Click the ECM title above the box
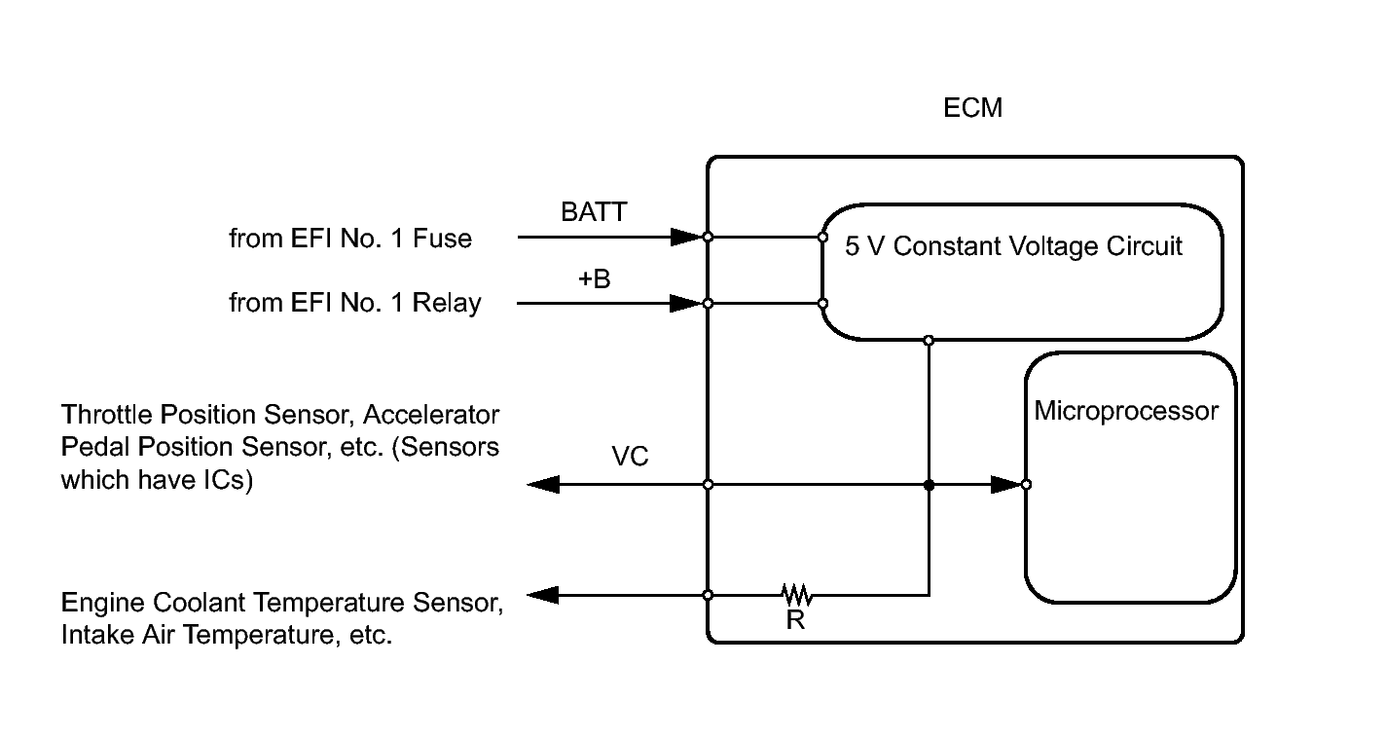(972, 108)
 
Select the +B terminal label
(594, 279)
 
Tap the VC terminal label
(630, 457)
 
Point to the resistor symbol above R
(796, 594)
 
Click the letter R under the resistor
(795, 620)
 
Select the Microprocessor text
(1125, 411)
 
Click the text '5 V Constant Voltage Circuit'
(1013, 246)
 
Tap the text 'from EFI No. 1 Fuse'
(350, 239)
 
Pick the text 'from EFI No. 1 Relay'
(355, 303)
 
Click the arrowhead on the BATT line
(686, 237)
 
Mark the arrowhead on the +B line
(686, 303)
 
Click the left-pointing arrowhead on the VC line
(543, 484)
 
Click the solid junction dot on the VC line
(929, 484)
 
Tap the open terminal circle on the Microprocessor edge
(1026, 484)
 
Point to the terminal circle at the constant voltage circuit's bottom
(929, 340)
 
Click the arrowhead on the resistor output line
(543, 595)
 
